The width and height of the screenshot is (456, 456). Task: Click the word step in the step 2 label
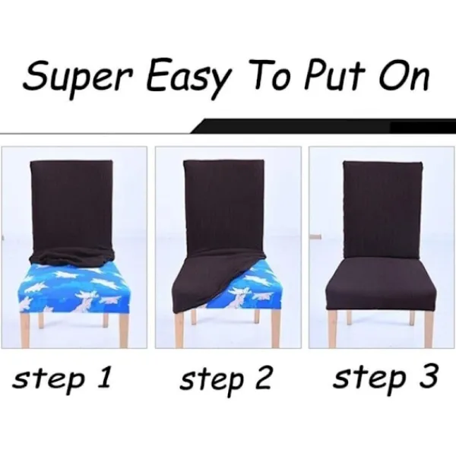211,380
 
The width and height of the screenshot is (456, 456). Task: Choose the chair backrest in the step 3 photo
383,210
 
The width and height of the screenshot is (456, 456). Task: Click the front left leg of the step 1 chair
25,330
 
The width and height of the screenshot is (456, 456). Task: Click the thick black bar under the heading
324,126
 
